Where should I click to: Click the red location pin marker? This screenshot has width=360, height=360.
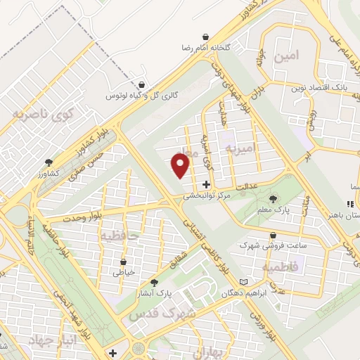181,165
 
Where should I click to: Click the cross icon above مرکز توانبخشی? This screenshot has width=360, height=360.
205,184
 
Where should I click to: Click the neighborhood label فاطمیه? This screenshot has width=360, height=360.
281,267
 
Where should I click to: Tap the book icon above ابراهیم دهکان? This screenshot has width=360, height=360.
244,281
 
